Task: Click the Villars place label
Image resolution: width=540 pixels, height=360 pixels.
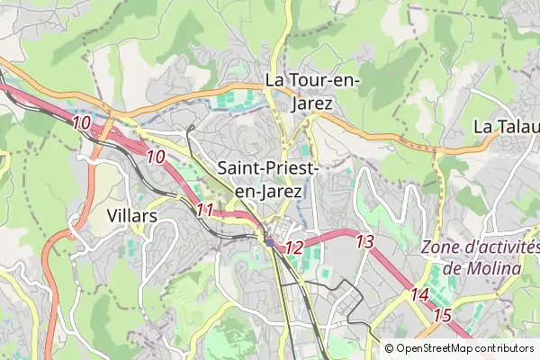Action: click(x=131, y=216)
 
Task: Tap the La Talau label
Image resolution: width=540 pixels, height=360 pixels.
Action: click(x=506, y=126)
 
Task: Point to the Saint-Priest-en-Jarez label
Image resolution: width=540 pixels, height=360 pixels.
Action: click(x=266, y=179)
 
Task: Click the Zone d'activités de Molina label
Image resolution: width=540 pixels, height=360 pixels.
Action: click(x=481, y=258)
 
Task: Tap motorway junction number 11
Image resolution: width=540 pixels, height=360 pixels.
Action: click(x=205, y=211)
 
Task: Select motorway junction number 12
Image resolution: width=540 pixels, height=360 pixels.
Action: click(x=293, y=247)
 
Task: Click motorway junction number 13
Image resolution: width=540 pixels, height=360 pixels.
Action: click(x=364, y=241)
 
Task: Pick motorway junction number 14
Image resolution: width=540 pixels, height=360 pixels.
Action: click(x=419, y=294)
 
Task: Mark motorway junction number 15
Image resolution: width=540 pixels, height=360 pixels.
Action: click(x=442, y=315)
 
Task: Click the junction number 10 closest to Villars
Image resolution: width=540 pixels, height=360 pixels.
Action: click(x=156, y=157)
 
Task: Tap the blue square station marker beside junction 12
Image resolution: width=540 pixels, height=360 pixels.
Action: click(x=269, y=242)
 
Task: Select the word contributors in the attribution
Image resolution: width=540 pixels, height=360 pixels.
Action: click(x=504, y=348)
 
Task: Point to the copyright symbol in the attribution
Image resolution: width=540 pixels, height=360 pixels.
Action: click(x=389, y=348)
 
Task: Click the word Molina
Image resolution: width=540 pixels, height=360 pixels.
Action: click(x=493, y=269)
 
